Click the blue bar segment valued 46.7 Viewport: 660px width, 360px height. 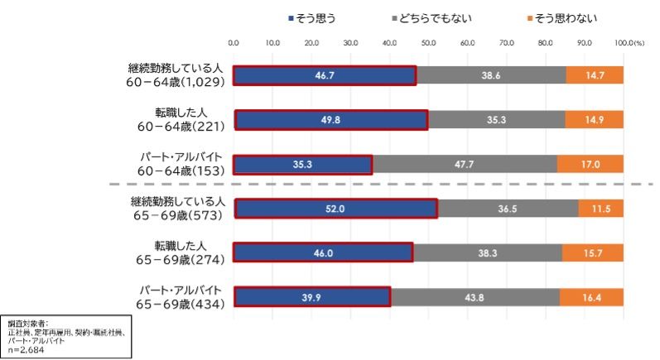click(x=325, y=74)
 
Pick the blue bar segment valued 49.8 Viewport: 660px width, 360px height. click(x=331, y=119)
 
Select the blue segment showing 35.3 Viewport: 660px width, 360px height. click(x=302, y=164)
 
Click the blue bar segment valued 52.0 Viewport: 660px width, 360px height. click(x=335, y=209)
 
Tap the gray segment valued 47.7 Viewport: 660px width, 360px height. click(x=464, y=164)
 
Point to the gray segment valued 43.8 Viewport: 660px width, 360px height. click(x=475, y=297)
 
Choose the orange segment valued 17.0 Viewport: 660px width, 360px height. click(x=590, y=164)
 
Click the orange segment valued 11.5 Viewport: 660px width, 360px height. click(x=601, y=209)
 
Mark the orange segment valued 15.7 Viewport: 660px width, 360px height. click(x=593, y=252)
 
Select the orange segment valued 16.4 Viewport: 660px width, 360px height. click(x=591, y=297)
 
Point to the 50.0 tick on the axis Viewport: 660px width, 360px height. click(x=428, y=41)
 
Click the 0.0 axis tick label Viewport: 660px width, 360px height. click(x=234, y=41)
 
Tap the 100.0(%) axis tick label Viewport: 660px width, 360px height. click(x=629, y=41)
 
